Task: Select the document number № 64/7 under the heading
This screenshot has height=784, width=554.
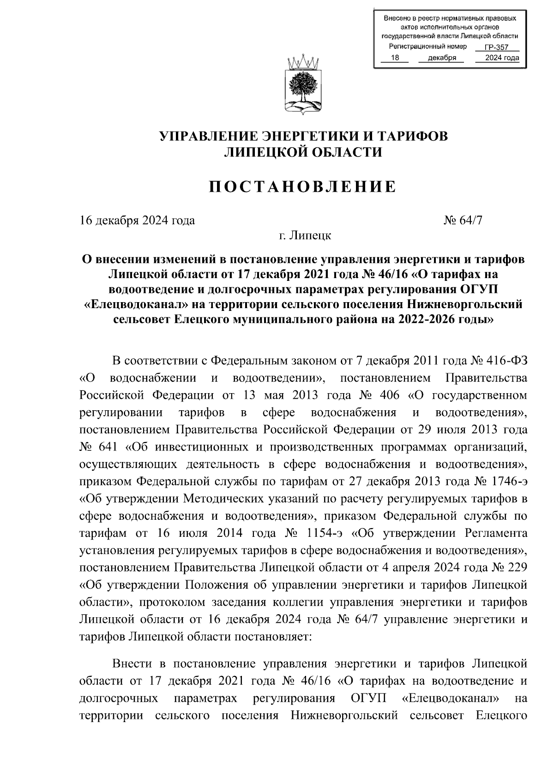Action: click(463, 220)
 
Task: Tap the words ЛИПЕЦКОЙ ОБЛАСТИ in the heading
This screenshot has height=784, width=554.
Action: click(303, 152)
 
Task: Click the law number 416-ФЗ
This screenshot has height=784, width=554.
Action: click(506, 360)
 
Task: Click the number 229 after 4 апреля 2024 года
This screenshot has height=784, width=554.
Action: click(516, 567)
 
